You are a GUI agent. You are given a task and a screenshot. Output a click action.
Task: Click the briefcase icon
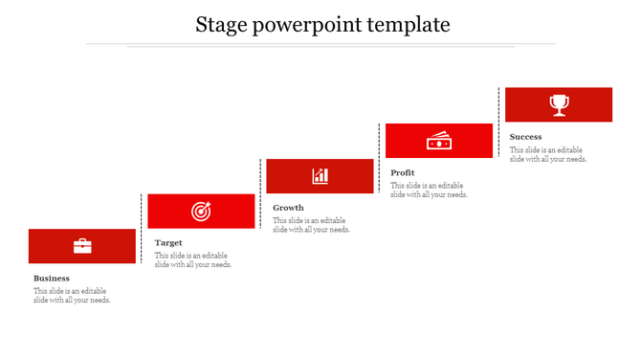(82, 246)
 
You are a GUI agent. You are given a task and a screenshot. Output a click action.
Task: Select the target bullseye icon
(201, 211)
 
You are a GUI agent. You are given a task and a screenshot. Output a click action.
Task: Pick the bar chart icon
(320, 175)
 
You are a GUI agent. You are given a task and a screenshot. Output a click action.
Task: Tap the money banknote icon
(438, 141)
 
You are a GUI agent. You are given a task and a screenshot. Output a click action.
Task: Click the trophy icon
(559, 104)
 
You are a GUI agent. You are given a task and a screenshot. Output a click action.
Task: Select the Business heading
(52, 279)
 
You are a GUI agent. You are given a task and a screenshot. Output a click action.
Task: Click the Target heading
(168, 243)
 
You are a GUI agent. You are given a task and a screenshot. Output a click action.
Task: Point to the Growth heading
(288, 208)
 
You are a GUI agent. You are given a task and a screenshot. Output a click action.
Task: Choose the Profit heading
(403, 173)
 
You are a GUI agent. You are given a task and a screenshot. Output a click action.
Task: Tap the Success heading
(525, 137)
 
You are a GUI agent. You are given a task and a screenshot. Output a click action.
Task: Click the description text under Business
(72, 296)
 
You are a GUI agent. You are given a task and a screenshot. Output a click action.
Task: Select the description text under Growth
(311, 225)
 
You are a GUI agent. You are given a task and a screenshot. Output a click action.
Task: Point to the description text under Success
(548, 155)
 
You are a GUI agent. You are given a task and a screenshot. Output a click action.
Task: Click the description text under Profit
(429, 190)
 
